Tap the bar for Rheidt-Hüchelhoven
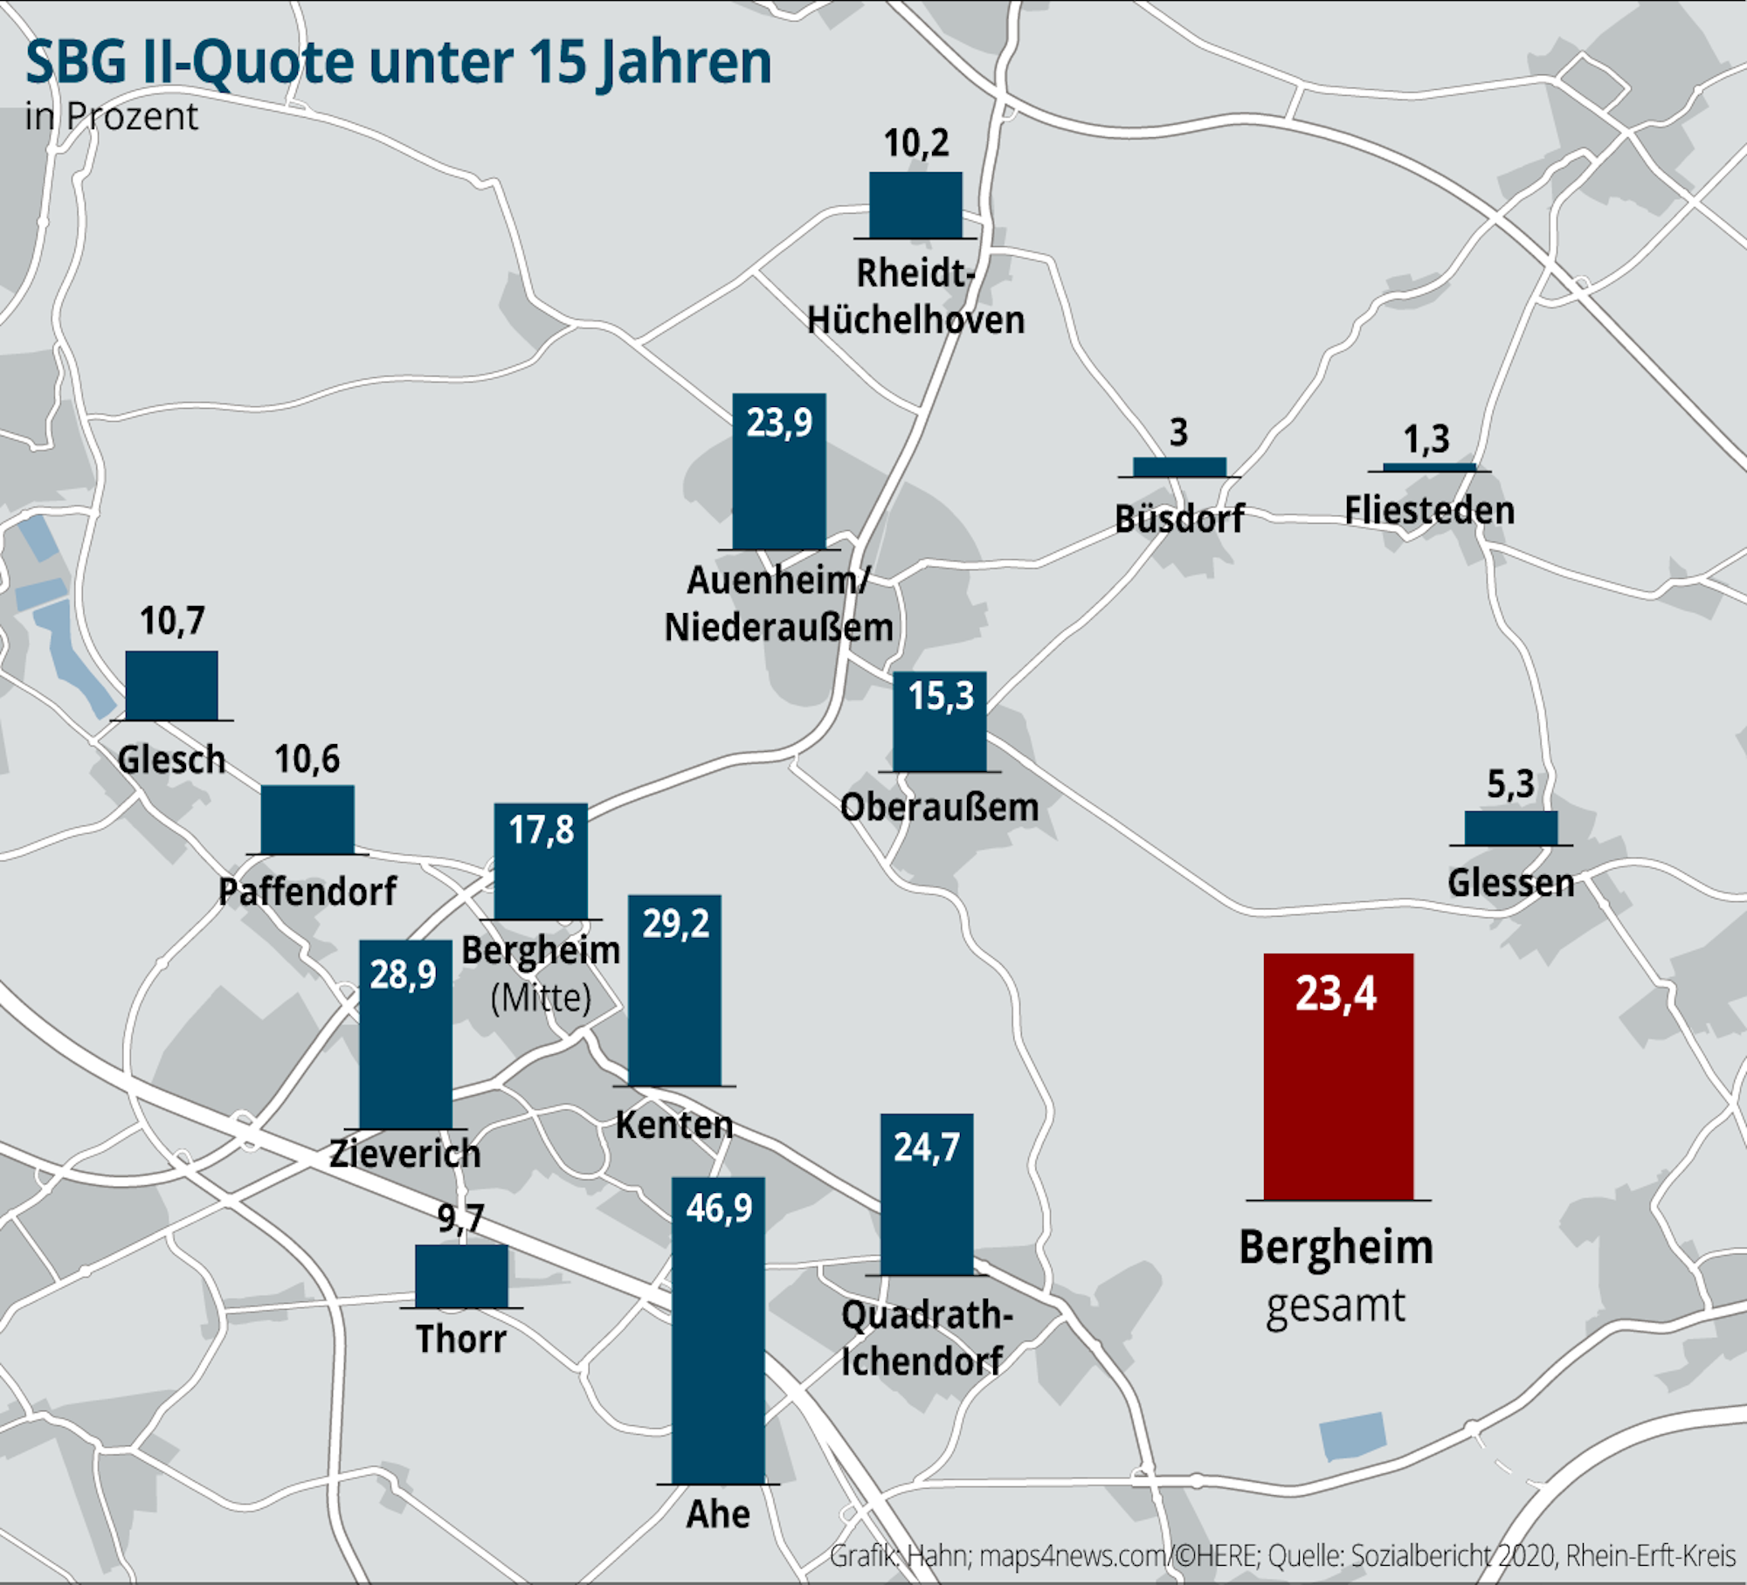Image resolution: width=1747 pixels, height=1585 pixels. (915, 205)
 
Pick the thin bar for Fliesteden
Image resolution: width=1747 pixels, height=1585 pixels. (1429, 467)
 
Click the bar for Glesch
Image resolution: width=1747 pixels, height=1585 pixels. (172, 686)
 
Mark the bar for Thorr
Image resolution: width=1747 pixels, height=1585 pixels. (461, 1276)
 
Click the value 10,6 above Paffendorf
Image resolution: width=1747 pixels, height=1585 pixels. (307, 760)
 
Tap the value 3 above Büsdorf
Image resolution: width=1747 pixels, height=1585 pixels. (1178, 432)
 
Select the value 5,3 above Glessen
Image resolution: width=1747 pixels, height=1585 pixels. (1510, 784)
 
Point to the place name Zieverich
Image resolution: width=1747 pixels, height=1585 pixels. (405, 1154)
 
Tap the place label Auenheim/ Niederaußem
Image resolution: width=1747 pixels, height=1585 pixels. (778, 603)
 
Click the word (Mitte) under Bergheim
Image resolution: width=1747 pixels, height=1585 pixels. (541, 997)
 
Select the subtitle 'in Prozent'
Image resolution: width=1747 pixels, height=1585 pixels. (111, 117)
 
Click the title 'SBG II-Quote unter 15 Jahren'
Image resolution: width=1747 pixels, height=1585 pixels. (398, 62)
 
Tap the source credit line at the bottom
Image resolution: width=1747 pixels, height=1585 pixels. (1281, 1555)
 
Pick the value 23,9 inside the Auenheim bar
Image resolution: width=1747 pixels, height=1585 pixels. (779, 423)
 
